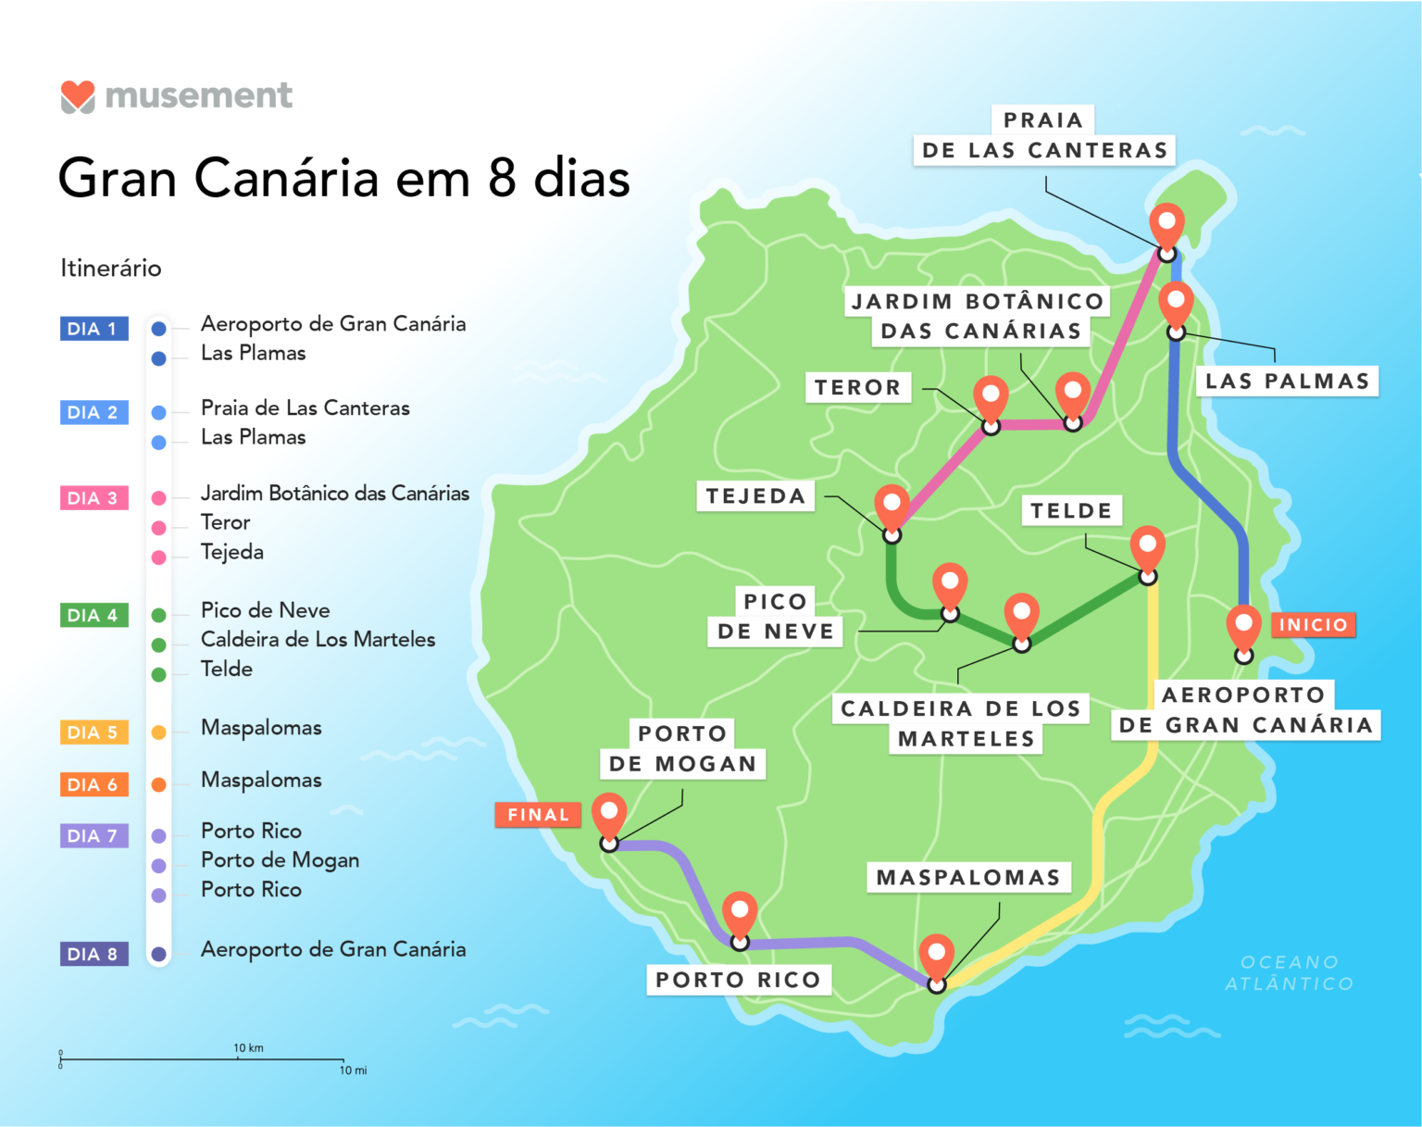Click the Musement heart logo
pos(78,96)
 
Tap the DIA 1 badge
pos(94,329)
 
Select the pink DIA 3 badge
pos(94,498)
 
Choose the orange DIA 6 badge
pos(94,784)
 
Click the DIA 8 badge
pos(94,954)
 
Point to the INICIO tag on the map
pos(1313,625)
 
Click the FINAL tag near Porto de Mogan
pos(538,815)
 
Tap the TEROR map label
pos(857,387)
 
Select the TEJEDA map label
pos(755,496)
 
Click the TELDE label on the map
pos(1071,510)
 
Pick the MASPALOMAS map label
pos(968,878)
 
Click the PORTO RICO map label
pos(738,980)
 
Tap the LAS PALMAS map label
pos(1287,382)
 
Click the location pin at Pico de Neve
pos(950,586)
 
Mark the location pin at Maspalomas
pos(937,956)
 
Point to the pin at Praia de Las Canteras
pos(1166,225)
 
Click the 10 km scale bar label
pos(248,1048)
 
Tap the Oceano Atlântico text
pos(1289,973)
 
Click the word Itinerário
pos(111,269)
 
